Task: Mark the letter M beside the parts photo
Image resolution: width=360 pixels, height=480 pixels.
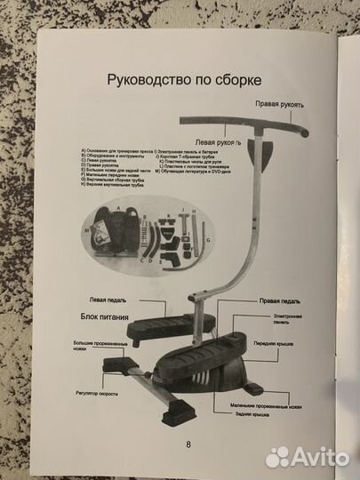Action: [x=88, y=229]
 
